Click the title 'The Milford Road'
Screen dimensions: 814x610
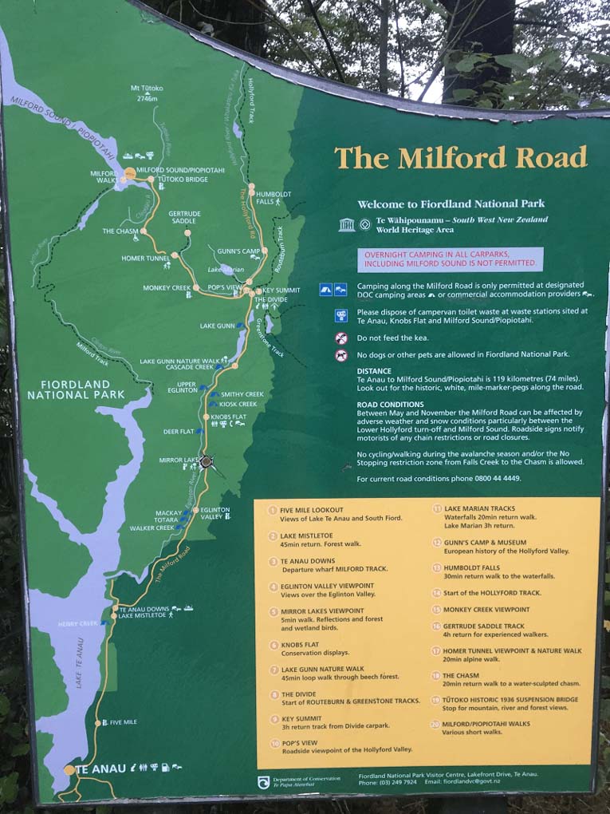pyautogui.click(x=460, y=157)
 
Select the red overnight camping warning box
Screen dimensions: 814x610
pyautogui.click(x=450, y=259)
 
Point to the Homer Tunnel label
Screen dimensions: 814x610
pyautogui.click(x=147, y=258)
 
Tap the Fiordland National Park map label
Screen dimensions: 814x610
pyautogui.click(x=76, y=389)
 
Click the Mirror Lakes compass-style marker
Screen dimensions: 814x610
pyautogui.click(x=207, y=460)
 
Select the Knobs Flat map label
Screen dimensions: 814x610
pyautogui.click(x=228, y=417)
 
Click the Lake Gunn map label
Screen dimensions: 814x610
pyautogui.click(x=218, y=326)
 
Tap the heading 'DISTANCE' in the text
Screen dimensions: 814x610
pyautogui.click(x=374, y=370)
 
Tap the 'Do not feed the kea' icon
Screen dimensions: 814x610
pyautogui.click(x=341, y=338)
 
